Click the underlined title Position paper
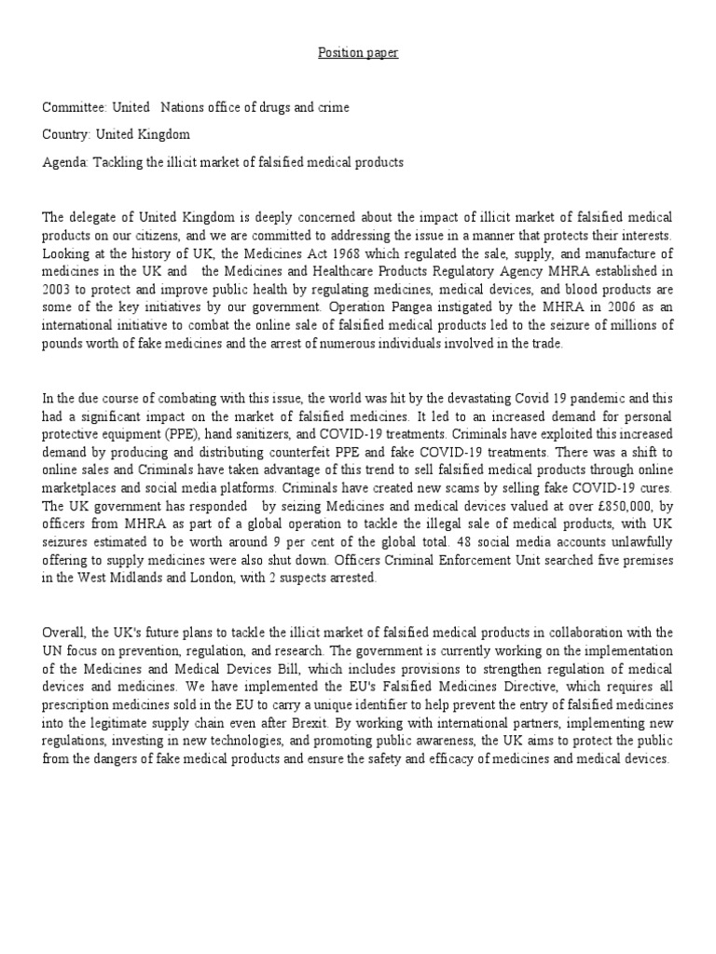tap(359, 53)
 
